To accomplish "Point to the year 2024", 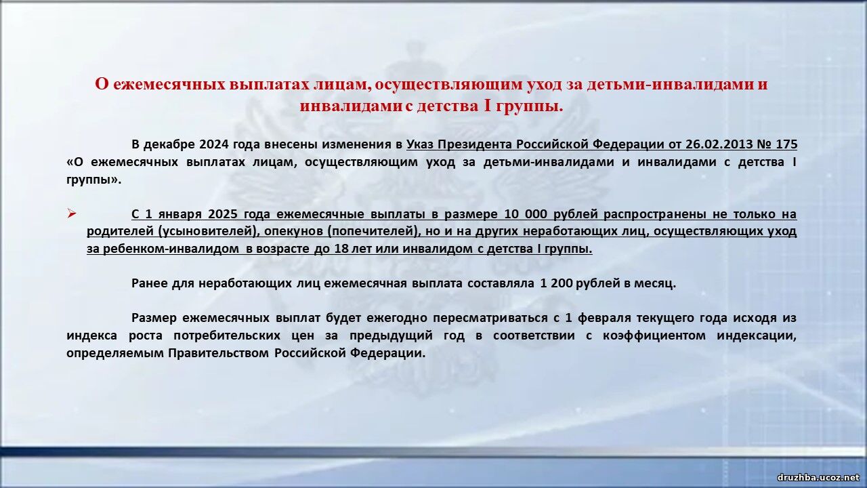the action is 214,144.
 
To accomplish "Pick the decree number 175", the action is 786,144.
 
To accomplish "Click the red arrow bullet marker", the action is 72,213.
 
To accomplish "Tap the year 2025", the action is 224,213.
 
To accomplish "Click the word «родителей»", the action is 121,231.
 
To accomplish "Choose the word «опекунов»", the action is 294,231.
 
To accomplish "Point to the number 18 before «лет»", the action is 342,248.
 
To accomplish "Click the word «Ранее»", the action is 149,283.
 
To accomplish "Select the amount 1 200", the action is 557,283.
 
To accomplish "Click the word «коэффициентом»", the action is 654,335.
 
